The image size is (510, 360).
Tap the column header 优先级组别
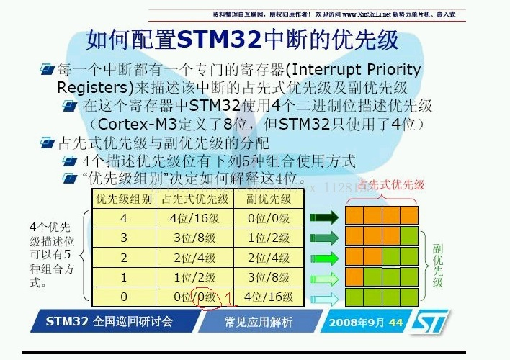tap(123, 199)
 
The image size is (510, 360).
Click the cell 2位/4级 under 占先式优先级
tap(194, 258)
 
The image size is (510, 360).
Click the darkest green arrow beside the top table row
tap(323, 217)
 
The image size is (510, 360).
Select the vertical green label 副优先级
tap(437, 264)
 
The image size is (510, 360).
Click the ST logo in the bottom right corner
tap(429, 322)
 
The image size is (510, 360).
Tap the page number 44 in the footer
tap(395, 322)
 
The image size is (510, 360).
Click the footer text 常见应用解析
tap(258, 322)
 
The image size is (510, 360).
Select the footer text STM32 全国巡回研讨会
tap(109, 321)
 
